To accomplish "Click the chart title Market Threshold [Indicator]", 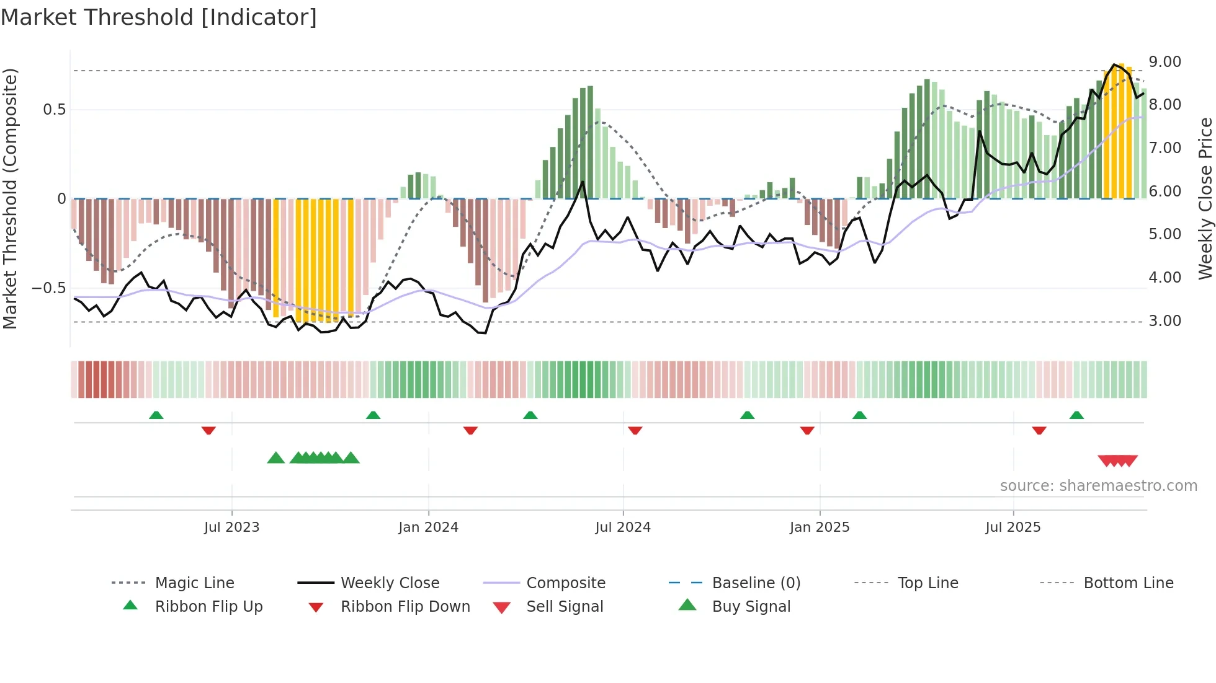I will pos(159,17).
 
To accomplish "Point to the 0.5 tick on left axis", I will pos(54,110).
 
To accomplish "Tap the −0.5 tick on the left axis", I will pos(48,288).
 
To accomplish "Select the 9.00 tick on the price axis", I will pos(1165,62).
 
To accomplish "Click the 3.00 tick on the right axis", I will pos(1165,321).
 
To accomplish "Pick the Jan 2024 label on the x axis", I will pos(428,527).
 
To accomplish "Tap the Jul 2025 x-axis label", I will pos(1013,527).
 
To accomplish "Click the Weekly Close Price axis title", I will pos(1205,198).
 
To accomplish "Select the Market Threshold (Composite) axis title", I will pos(10,198).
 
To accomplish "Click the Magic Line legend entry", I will pos(194,583).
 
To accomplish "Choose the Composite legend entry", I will pos(565,583).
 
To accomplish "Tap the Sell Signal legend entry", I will pos(565,607).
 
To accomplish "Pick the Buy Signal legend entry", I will pos(751,607).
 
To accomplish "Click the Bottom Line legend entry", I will pos(1128,583).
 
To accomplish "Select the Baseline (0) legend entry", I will pos(756,583).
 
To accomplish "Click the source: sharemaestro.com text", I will pos(1098,486).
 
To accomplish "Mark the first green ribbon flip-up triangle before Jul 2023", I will pos(156,415).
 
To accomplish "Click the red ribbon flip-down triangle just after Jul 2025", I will pos(1039,430).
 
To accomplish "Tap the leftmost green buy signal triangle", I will pos(276,458).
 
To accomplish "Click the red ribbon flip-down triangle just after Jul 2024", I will pos(635,430).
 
